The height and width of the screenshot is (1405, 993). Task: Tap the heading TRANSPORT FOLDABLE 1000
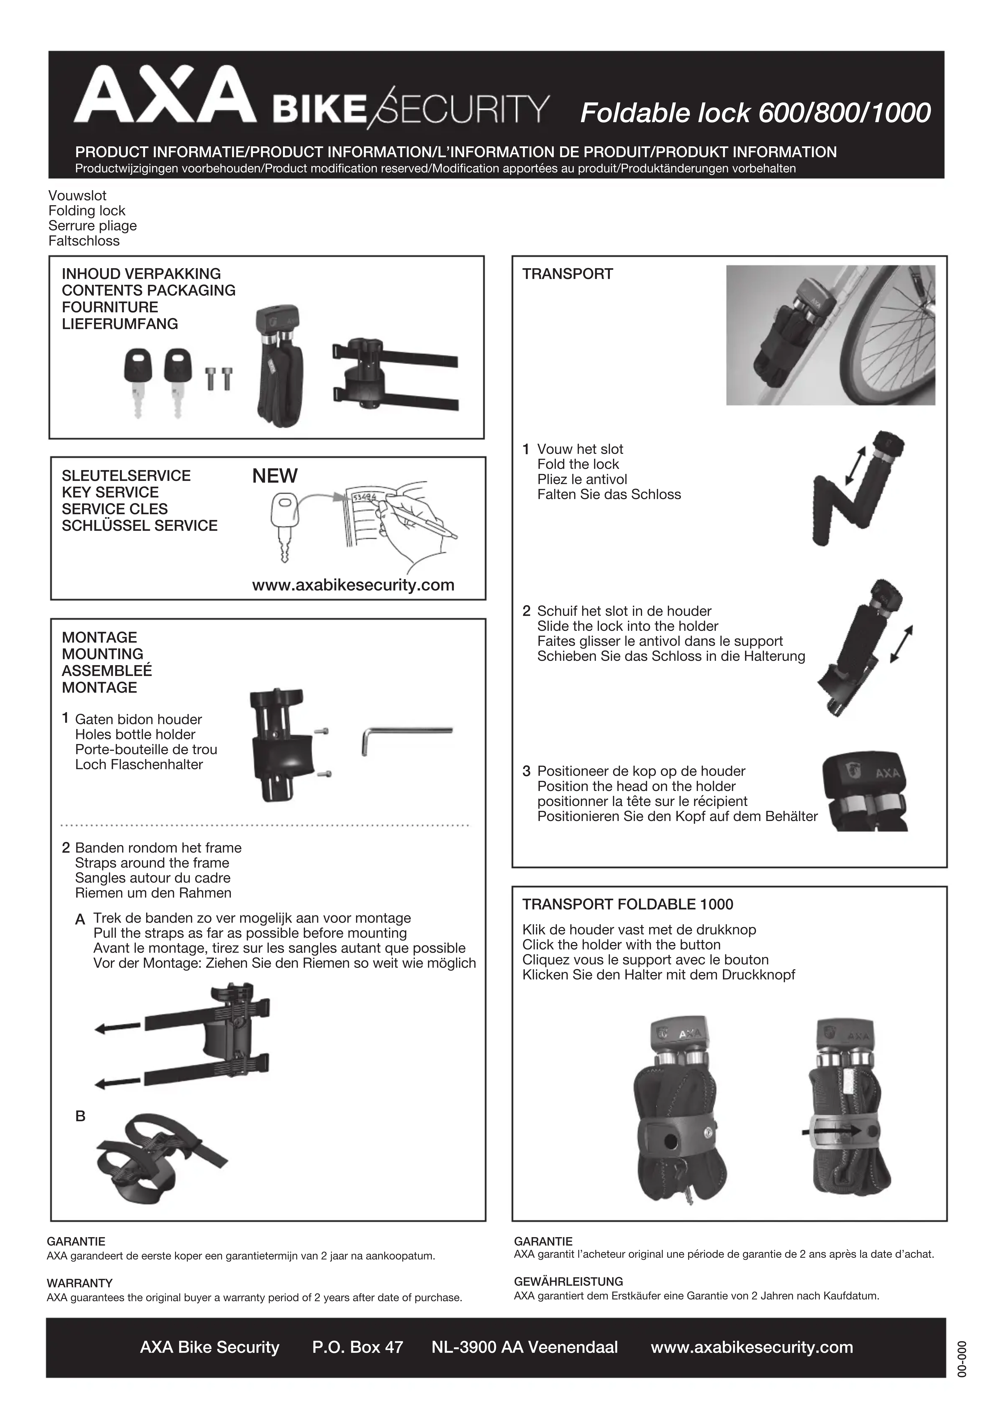pos(627,904)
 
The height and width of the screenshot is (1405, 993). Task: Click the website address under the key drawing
pos(353,585)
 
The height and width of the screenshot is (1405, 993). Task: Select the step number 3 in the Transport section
pos(526,771)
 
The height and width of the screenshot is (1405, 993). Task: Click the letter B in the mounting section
pos(80,1116)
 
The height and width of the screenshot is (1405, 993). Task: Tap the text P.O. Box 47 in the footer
pos(358,1347)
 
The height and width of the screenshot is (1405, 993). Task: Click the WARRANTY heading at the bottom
pos(80,1283)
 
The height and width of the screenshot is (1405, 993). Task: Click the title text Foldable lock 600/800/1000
pos(755,113)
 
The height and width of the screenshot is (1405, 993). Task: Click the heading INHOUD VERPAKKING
pos(141,274)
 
